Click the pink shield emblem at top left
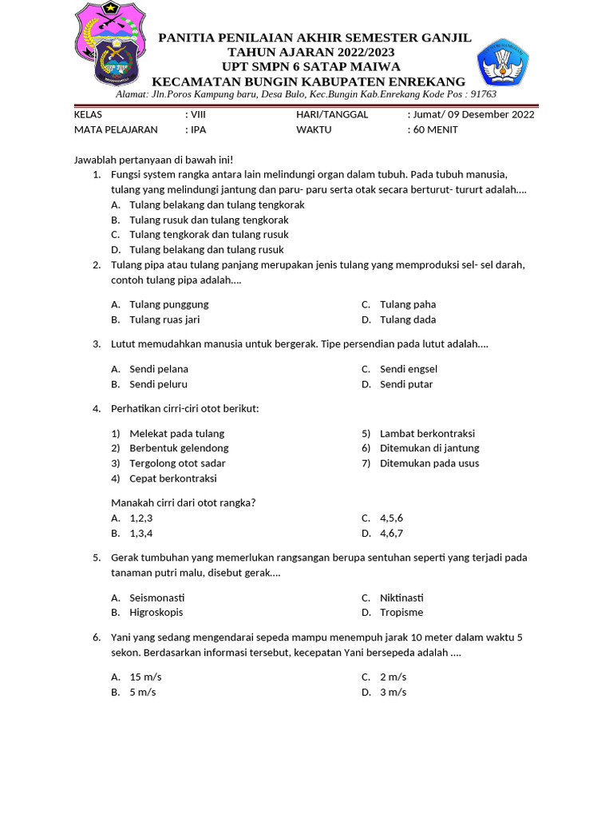point(110,44)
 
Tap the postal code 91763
point(482,94)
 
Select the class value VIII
point(198,114)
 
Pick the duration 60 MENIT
point(436,129)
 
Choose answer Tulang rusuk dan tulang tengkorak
point(209,220)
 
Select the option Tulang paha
point(408,304)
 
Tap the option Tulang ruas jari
point(164,320)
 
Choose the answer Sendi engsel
point(409,369)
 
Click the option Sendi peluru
point(159,384)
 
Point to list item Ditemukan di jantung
point(429,448)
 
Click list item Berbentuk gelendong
point(179,448)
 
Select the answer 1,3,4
point(141,534)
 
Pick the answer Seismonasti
point(157,598)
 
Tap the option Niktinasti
point(401,598)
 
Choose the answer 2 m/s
point(393,677)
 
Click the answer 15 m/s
point(145,677)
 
